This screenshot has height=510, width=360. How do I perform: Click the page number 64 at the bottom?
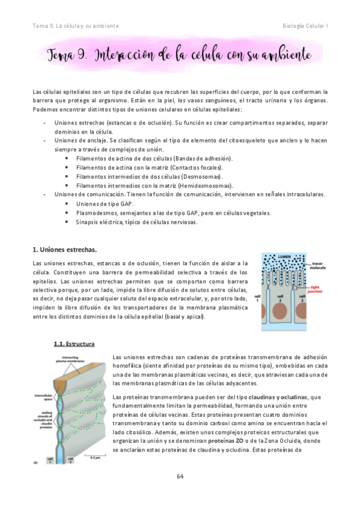(180, 476)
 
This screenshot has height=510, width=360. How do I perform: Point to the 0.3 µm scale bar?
(95, 458)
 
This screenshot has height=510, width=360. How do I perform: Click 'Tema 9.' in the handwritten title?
(67, 55)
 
